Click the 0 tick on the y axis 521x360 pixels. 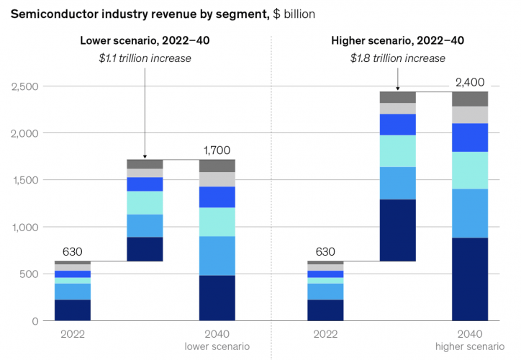(35, 320)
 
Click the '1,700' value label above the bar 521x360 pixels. (217, 150)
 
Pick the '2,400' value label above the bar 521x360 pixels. (469, 81)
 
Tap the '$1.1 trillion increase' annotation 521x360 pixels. (145, 58)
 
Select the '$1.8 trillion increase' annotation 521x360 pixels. (397, 58)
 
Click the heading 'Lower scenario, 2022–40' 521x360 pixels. (145, 40)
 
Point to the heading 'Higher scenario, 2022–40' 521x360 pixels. (397, 40)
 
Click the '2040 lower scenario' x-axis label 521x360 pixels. (217, 341)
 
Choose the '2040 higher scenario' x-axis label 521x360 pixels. (469, 341)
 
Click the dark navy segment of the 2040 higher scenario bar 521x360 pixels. (469, 279)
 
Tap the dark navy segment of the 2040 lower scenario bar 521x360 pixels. (217, 297)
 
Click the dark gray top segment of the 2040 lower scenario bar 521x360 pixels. (217, 166)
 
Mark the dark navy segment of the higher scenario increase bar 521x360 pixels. (397, 230)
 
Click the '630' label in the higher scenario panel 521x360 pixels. (325, 252)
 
